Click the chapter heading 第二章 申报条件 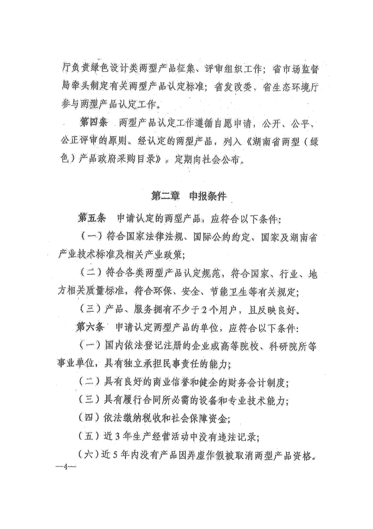pyautogui.click(x=186, y=195)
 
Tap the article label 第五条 pyautogui.click(x=93, y=219)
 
